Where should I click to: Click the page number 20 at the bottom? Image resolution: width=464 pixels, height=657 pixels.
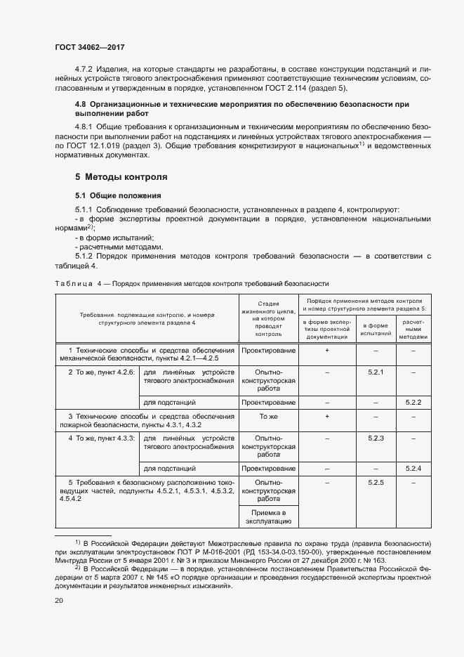(59, 601)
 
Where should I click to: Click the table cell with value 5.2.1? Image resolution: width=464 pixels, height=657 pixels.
(376, 372)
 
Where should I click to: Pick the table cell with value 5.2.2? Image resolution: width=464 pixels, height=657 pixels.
(413, 402)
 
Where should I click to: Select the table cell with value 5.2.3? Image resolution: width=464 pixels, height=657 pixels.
(376, 438)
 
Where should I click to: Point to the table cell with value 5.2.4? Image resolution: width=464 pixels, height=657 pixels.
(413, 468)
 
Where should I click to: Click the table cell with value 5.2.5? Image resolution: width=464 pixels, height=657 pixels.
(376, 483)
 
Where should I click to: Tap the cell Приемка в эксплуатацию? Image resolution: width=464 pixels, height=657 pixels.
(268, 517)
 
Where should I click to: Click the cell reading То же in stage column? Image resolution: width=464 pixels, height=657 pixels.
(268, 417)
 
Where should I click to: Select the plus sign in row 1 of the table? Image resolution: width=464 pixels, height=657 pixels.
(327, 350)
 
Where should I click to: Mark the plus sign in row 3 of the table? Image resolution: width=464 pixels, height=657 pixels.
(327, 417)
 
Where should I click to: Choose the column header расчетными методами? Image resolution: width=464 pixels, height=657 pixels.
(413, 328)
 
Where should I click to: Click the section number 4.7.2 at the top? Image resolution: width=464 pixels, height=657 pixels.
(86, 70)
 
